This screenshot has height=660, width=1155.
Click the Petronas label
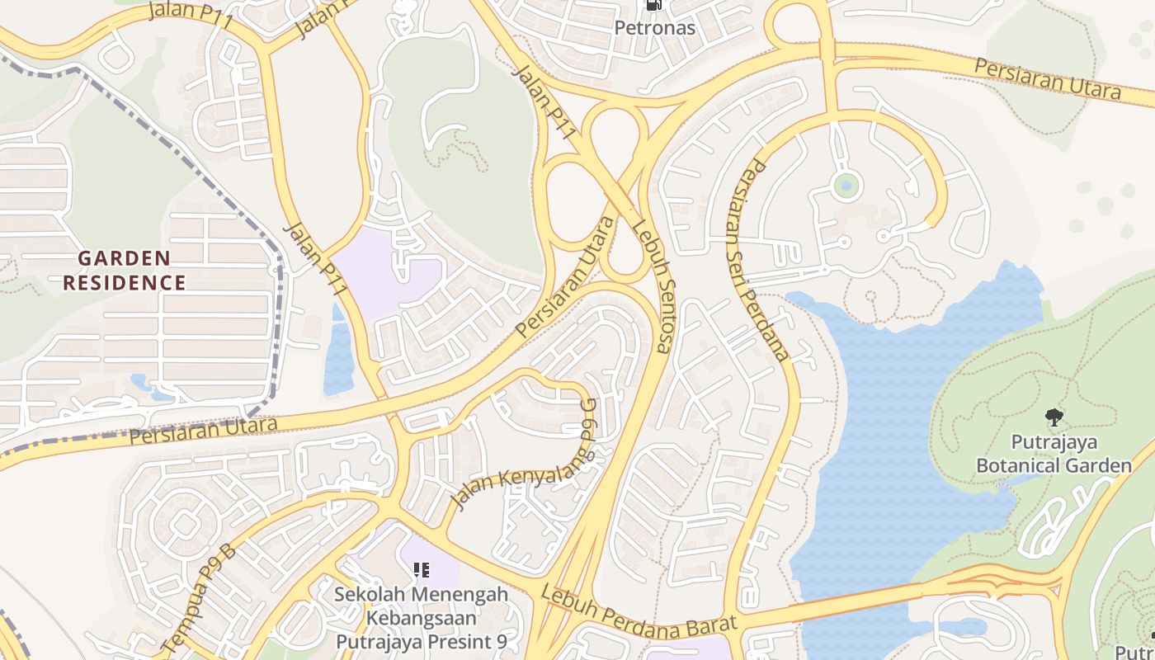(655, 28)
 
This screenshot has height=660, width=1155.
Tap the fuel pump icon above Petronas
(655, 5)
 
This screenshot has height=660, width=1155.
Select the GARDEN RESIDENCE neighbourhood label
(125, 271)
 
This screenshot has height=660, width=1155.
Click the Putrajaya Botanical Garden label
(1054, 455)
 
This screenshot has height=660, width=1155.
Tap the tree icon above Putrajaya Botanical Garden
(1054, 417)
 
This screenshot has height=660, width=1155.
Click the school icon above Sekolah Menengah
(422, 570)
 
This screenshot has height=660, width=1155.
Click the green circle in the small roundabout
(846, 185)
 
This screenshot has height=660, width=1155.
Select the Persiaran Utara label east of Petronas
(1048, 78)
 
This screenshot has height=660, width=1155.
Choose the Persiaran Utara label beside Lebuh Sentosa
(566, 276)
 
